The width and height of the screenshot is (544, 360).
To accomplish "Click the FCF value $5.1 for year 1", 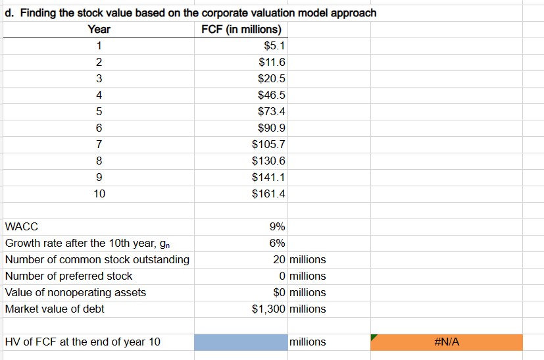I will coord(273,46).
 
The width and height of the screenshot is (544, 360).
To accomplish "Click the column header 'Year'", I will coord(99,30).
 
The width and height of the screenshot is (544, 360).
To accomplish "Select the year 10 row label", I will coord(99,194).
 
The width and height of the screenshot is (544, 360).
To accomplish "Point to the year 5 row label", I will coord(99,112).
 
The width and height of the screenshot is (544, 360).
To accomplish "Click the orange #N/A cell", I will coord(447,342).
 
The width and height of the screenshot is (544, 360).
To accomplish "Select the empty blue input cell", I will coord(241,342).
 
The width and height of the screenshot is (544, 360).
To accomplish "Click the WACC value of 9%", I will coord(277,226).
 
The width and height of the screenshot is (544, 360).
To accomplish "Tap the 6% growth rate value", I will coord(277,243).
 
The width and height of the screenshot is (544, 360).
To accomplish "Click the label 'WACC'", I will coord(22,226).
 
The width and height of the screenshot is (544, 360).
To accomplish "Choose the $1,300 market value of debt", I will coord(269,309).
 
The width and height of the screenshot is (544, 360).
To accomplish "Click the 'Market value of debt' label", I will coord(55,309).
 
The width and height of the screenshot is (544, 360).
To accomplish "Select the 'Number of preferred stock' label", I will coord(68,276).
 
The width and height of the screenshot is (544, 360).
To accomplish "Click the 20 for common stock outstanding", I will coord(279,259).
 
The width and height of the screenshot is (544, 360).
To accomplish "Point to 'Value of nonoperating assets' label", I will coord(76,292).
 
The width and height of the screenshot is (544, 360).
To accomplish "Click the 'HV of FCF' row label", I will coord(82,342).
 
